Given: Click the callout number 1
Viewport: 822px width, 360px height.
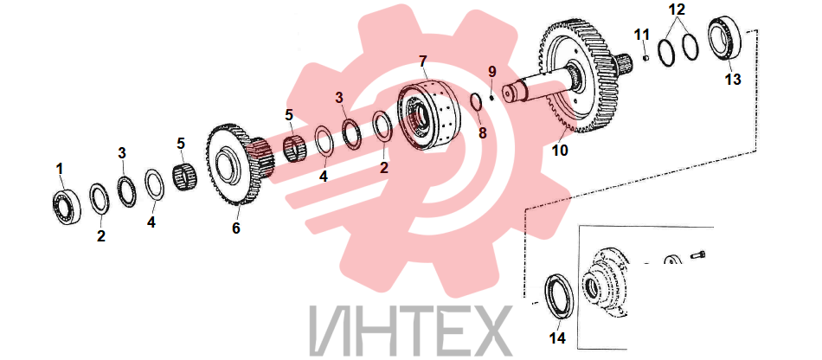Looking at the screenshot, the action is click(x=60, y=170).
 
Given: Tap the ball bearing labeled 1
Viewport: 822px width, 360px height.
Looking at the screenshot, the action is click(x=67, y=207).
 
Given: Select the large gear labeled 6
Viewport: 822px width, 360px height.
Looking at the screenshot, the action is click(x=241, y=164).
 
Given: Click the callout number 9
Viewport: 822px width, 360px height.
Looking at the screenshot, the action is click(x=491, y=71).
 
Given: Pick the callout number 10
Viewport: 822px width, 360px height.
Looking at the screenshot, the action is click(x=560, y=151).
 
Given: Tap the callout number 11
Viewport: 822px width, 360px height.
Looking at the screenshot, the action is click(x=642, y=35).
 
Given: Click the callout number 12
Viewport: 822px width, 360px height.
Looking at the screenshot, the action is click(x=676, y=10).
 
